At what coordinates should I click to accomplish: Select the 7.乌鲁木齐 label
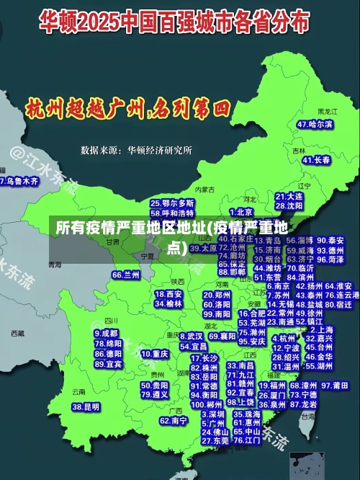(19, 181)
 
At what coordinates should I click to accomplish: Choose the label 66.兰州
(126, 275)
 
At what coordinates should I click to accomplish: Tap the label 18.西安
(168, 294)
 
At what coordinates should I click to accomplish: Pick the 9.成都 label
(107, 334)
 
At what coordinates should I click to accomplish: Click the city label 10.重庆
(155, 355)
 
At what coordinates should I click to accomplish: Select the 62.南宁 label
(174, 420)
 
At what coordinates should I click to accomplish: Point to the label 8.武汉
(190, 336)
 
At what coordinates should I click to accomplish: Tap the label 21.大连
(289, 196)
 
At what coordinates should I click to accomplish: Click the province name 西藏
(19, 334)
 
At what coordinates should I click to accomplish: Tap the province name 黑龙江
(327, 112)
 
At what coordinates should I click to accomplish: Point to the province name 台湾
(308, 416)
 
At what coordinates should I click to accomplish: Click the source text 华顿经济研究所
(160, 150)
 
